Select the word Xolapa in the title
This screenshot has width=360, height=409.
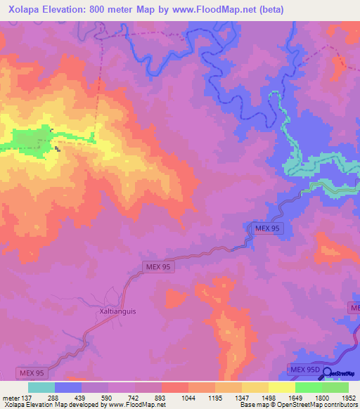[x=23, y=9]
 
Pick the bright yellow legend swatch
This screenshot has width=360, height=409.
[x=281, y=387]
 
